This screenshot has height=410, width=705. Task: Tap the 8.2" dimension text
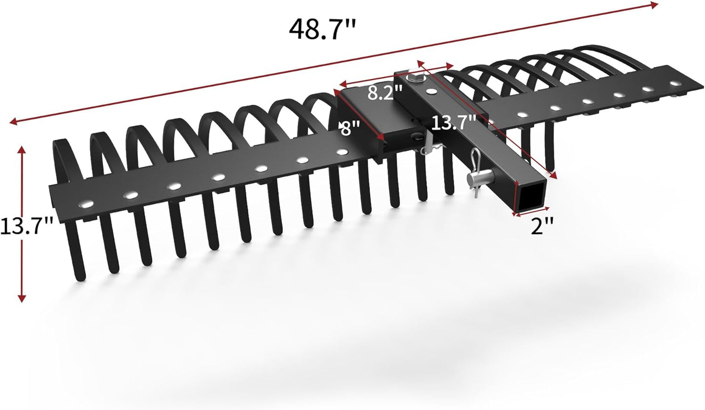[385, 92]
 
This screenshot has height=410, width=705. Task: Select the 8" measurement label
[350, 130]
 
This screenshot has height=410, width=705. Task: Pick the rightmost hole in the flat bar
[675, 84]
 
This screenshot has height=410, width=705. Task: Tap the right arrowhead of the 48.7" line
[655, 4]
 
